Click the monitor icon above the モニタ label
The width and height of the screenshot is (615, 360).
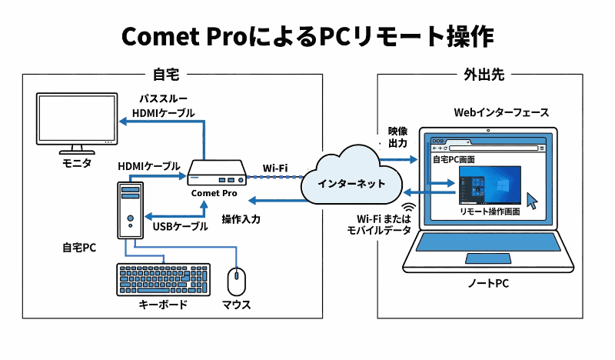click(x=76, y=123)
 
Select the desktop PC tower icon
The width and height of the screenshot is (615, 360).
click(x=130, y=209)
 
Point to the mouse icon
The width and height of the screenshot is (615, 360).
click(x=236, y=282)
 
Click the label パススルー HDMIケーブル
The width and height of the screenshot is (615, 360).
click(x=163, y=105)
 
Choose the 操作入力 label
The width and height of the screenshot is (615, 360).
click(x=241, y=219)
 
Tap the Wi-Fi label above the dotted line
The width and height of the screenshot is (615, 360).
click(x=275, y=166)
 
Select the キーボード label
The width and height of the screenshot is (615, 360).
click(x=163, y=305)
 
